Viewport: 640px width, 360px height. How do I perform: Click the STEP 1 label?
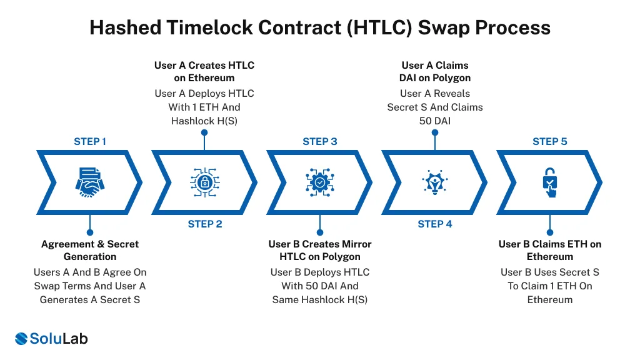[x=90, y=141]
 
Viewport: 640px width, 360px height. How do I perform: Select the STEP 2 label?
[x=205, y=224]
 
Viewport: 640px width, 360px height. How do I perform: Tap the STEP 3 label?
[x=320, y=141]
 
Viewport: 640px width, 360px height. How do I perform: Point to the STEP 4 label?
[x=435, y=224]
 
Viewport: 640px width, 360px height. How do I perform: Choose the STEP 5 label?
[x=550, y=141]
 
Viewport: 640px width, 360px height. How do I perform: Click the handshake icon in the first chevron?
[x=90, y=182]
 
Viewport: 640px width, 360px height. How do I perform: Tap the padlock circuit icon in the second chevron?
[x=205, y=182]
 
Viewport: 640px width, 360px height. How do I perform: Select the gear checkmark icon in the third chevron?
[x=320, y=182]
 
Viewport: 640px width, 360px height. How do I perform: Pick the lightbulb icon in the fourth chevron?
[x=435, y=182]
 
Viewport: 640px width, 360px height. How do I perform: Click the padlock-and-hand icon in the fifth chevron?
[x=550, y=182]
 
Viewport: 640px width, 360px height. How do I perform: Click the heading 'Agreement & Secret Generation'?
[x=90, y=250]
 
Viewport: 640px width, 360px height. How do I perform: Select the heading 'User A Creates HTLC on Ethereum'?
[x=204, y=71]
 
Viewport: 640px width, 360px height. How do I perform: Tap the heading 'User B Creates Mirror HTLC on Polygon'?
[x=320, y=250]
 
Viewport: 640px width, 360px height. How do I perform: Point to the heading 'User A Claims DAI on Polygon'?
[x=435, y=71]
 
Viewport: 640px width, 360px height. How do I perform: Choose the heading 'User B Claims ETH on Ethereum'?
[x=550, y=250]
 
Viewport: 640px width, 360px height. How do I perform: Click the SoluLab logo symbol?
[x=21, y=339]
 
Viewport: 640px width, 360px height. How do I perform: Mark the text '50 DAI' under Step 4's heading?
[x=435, y=121]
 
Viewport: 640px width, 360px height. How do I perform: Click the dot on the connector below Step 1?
[x=90, y=232]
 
